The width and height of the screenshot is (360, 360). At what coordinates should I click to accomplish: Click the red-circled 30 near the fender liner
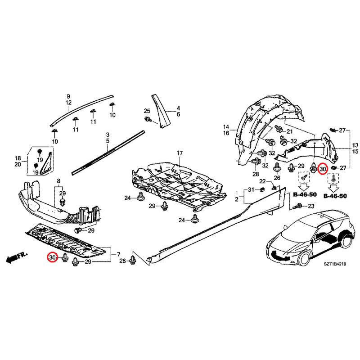[x=323, y=169]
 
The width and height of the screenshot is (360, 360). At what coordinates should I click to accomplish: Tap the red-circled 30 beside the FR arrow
[x=52, y=257]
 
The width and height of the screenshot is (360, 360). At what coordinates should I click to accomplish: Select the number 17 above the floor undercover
[x=180, y=153]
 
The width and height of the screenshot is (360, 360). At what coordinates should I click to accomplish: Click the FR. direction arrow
[x=17, y=257]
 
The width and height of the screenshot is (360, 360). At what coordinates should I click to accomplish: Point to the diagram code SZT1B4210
[x=335, y=264]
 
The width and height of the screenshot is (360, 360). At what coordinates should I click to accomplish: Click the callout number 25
[x=147, y=111]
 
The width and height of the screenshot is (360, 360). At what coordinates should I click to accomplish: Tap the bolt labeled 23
[x=298, y=206]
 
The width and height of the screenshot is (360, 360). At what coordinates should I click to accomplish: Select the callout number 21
[x=289, y=131]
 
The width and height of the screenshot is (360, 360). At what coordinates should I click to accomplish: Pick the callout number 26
[x=277, y=178]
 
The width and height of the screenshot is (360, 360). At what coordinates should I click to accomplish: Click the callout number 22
[x=262, y=181]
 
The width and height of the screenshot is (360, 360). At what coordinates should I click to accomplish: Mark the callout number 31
[x=251, y=189]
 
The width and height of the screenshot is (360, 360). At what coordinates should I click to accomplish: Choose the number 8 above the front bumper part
[x=58, y=181]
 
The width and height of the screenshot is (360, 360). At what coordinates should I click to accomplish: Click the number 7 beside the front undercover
[x=118, y=254]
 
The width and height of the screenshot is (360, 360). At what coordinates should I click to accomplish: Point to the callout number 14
[x=226, y=127]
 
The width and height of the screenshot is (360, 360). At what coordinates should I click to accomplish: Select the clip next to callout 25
[x=148, y=119]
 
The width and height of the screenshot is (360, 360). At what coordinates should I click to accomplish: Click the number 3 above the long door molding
[x=108, y=135]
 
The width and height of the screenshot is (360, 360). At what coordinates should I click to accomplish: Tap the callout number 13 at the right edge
[x=355, y=145]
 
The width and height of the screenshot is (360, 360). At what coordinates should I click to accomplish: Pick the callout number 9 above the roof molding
[x=68, y=97]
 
